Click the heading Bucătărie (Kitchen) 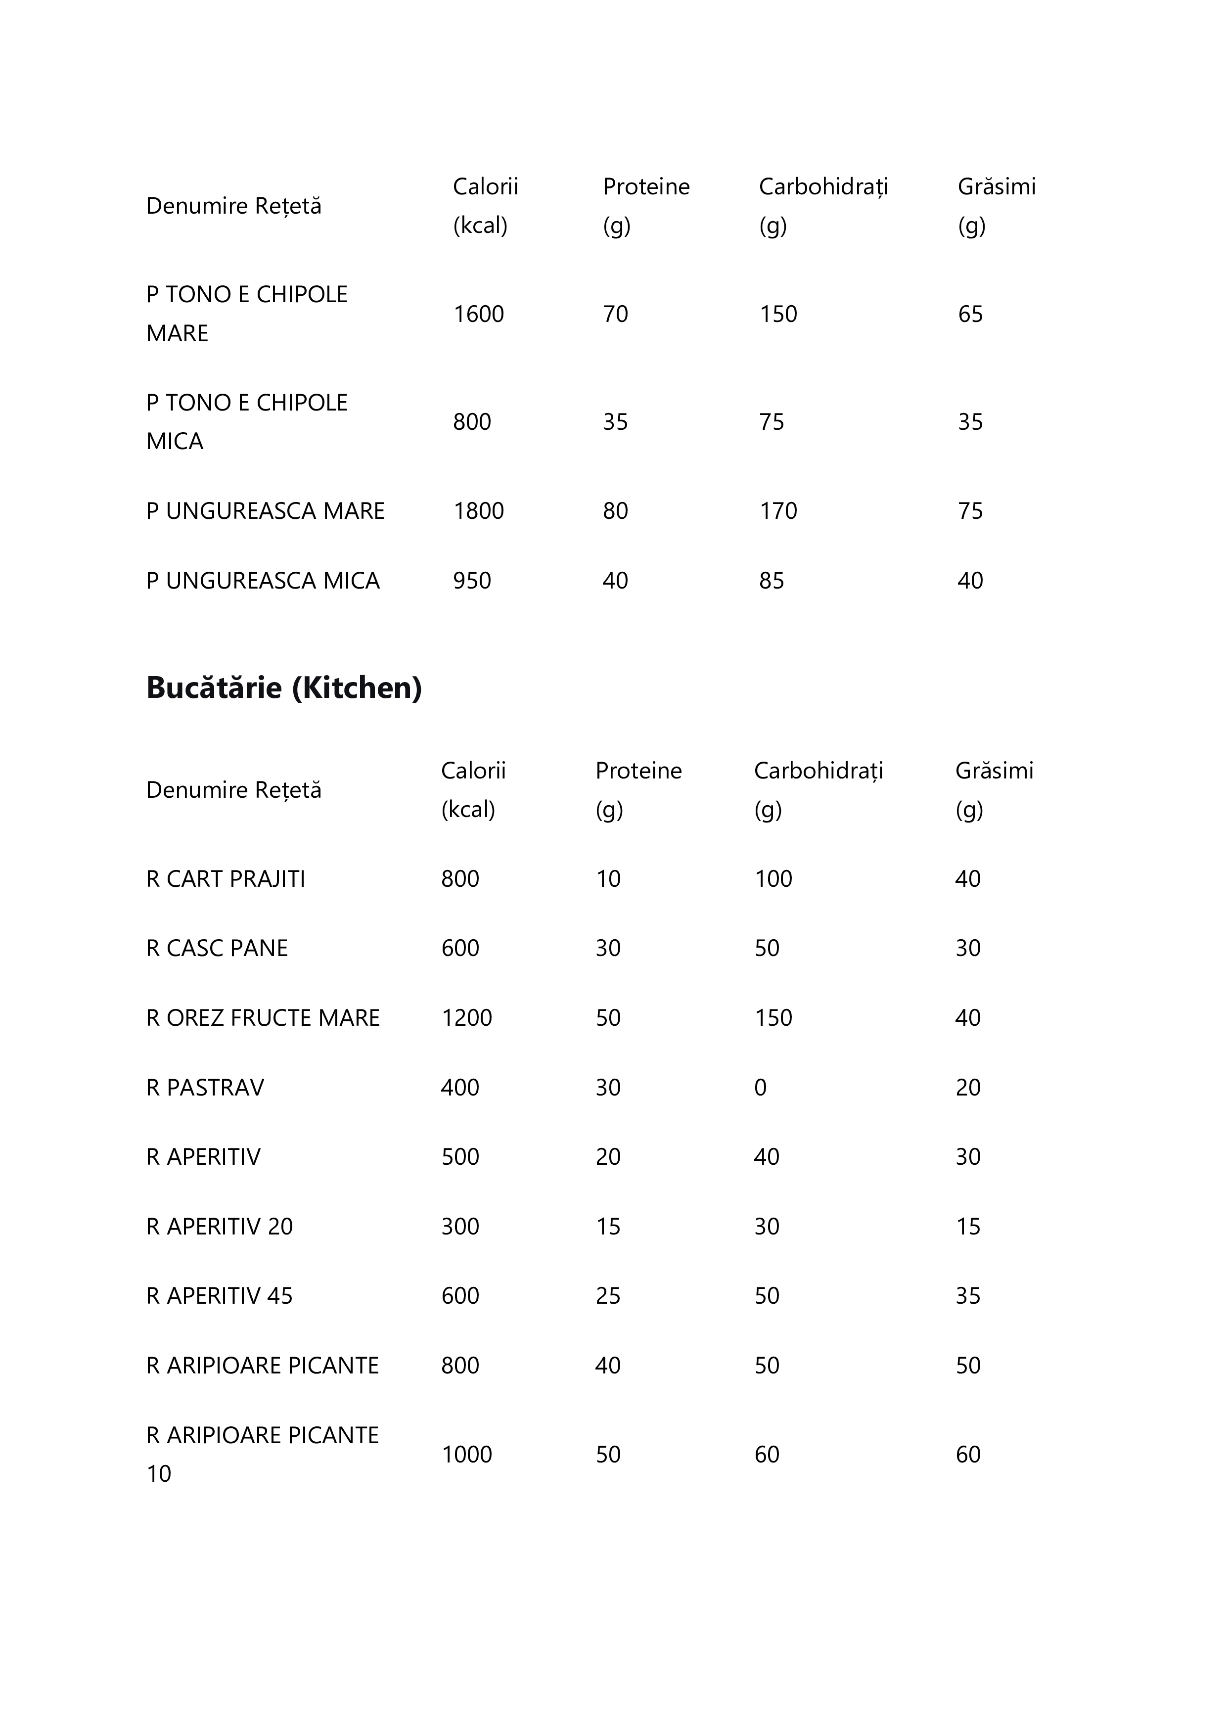tap(283, 687)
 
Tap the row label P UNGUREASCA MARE tap(265, 511)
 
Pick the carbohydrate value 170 tap(778, 511)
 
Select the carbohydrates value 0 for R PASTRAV tap(760, 1088)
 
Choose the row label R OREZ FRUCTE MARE tap(263, 1018)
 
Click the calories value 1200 tap(466, 1018)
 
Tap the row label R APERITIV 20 tap(219, 1227)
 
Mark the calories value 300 tap(460, 1227)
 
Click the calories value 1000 tap(466, 1455)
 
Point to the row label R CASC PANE tap(217, 948)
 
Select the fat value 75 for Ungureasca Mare tap(970, 511)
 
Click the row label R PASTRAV tap(205, 1088)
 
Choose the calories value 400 tap(460, 1088)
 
